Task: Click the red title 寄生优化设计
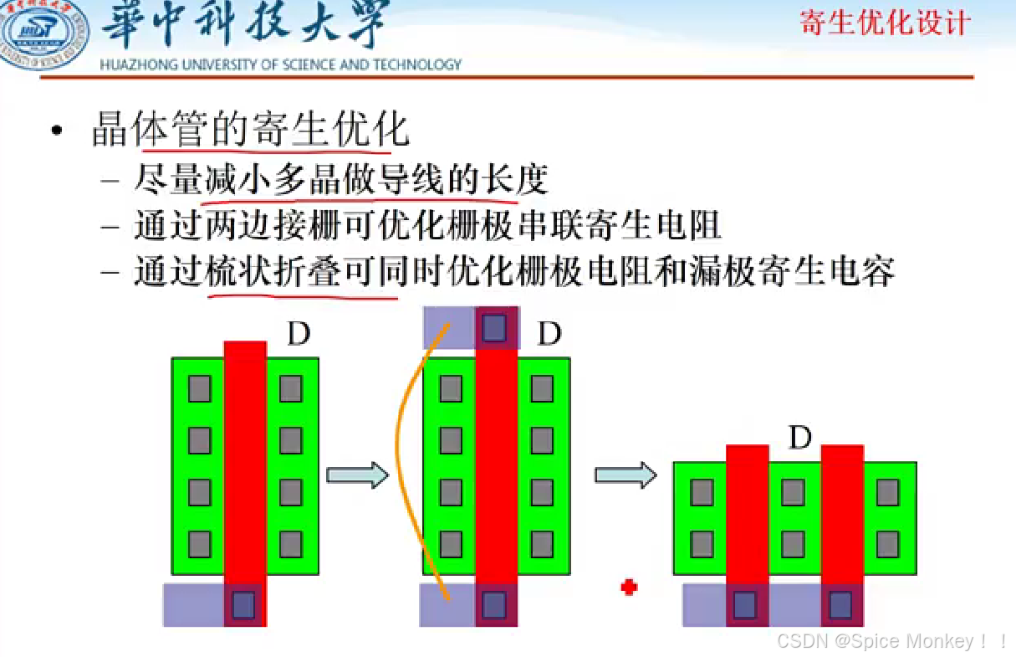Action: tap(885, 23)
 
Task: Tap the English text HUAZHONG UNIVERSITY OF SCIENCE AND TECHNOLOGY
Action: tap(280, 64)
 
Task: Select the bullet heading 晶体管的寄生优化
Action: tap(250, 131)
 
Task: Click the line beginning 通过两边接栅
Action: tap(427, 226)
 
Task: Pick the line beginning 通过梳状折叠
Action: tap(514, 272)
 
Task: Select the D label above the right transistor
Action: tap(800, 437)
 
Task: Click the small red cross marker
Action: tap(629, 587)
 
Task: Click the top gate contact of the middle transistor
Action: tap(494, 327)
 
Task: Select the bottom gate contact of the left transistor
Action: tap(243, 603)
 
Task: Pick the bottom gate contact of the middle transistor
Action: tap(494, 603)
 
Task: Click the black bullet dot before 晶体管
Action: tap(56, 131)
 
